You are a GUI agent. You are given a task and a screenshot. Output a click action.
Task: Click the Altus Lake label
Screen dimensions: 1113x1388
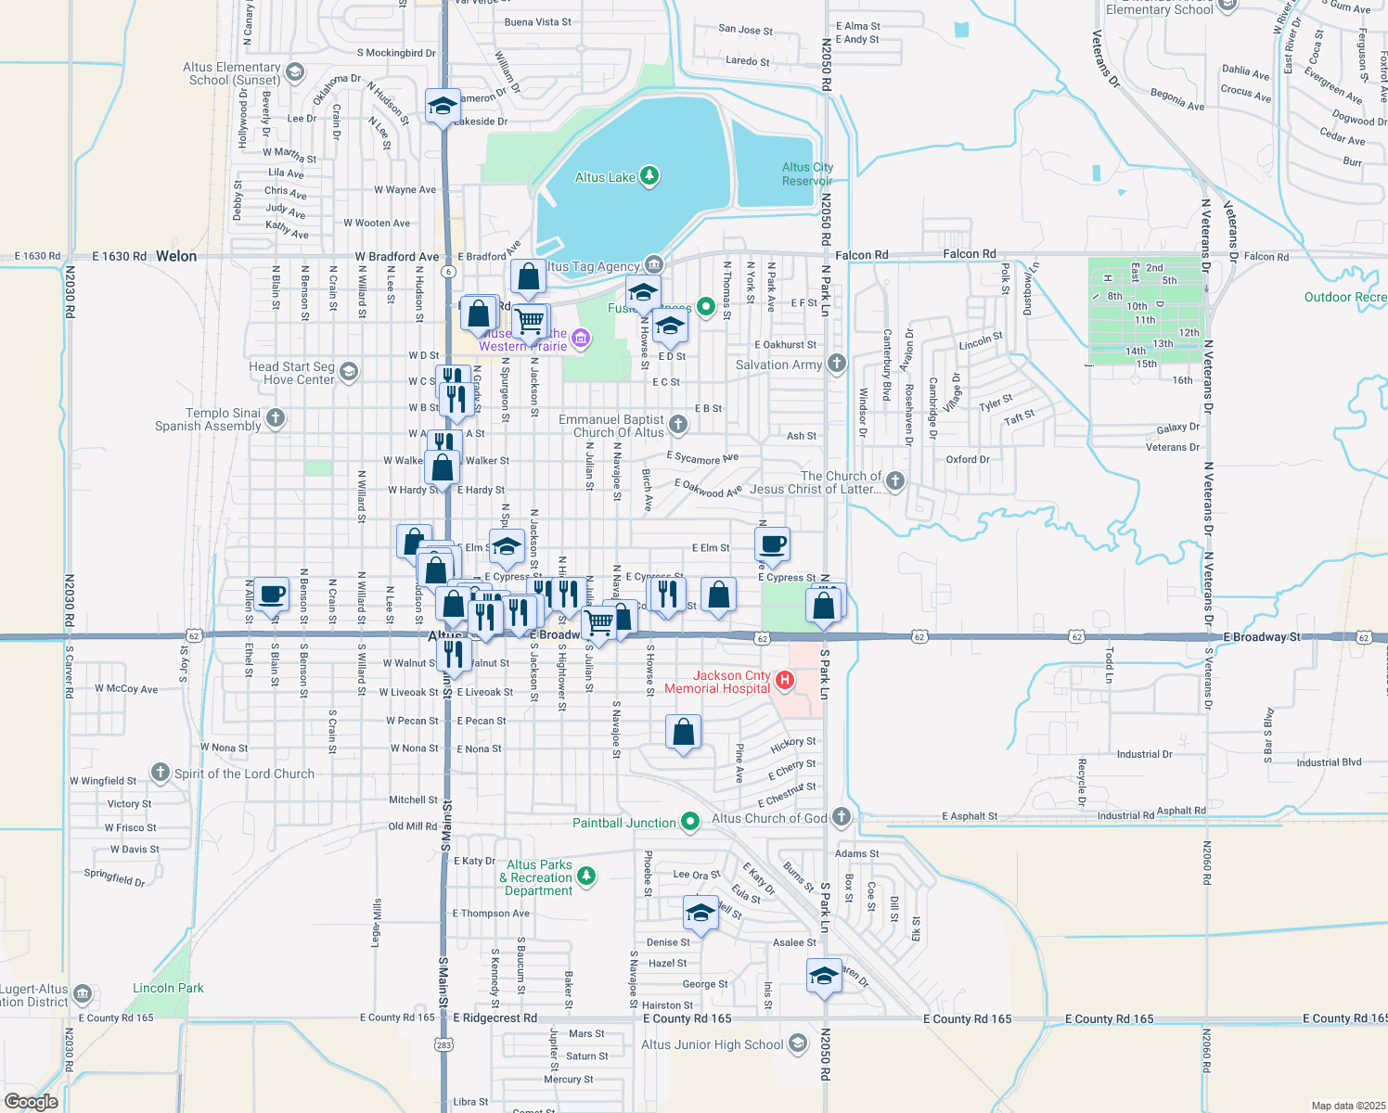click(x=605, y=177)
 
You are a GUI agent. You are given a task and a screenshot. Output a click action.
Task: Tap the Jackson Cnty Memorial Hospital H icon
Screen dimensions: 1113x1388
click(x=784, y=682)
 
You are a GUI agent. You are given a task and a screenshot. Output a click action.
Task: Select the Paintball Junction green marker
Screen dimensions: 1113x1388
click(x=689, y=822)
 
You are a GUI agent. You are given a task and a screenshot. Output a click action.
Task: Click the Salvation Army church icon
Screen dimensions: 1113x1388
click(x=837, y=364)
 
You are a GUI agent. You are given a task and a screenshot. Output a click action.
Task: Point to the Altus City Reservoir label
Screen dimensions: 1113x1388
click(x=807, y=174)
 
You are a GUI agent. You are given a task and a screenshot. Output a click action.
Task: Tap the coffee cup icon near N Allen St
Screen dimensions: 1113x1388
click(x=272, y=594)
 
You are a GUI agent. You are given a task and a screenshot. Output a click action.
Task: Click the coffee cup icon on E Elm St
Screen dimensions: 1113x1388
click(x=773, y=544)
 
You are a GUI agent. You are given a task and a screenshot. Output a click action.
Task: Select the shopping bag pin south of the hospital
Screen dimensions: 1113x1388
click(x=683, y=733)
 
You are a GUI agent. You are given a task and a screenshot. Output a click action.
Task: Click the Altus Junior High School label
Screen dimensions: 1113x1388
click(x=713, y=1044)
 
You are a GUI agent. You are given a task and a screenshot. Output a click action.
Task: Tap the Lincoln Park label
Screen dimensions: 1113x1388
click(x=168, y=988)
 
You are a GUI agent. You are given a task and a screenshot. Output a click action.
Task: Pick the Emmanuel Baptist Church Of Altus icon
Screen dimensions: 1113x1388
click(x=678, y=425)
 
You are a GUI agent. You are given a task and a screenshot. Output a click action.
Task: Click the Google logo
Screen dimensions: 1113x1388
click(x=31, y=1102)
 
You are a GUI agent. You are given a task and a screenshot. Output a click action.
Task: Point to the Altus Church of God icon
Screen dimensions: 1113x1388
click(x=842, y=817)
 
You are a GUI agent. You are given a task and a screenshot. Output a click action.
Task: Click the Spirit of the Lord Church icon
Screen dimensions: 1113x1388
click(x=161, y=773)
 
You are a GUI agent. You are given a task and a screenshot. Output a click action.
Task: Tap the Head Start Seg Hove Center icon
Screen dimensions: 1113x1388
click(x=349, y=373)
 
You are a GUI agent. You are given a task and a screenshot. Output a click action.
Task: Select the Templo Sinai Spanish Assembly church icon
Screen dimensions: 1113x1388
click(x=276, y=418)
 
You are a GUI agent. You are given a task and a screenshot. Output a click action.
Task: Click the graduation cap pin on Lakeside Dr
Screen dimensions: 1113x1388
click(x=443, y=106)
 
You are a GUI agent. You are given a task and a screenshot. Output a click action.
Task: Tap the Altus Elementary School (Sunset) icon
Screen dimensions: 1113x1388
click(x=295, y=72)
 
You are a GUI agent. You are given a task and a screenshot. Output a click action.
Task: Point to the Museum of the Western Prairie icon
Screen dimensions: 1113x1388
click(x=581, y=339)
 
